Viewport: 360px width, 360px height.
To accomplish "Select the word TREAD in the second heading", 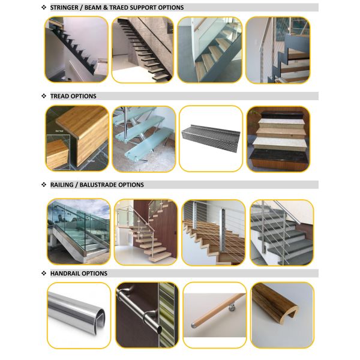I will click(x=60, y=96).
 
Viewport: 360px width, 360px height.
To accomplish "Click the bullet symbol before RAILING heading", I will click(x=44, y=185).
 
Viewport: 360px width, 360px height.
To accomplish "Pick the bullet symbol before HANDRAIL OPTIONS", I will click(x=44, y=274).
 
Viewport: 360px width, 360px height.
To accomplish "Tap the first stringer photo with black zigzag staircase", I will click(x=76, y=49).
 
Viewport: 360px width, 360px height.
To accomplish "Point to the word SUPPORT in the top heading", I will click(x=154, y=8).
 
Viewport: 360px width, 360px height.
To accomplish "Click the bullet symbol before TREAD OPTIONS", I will click(x=44, y=96).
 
